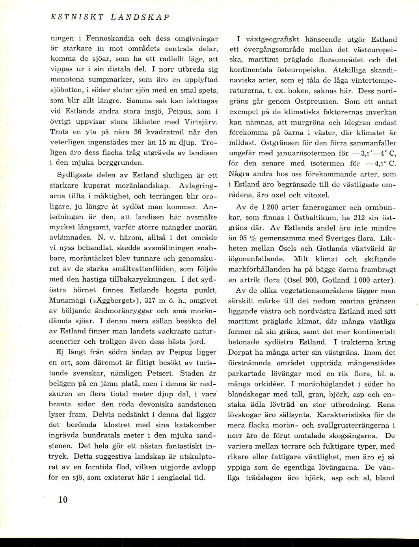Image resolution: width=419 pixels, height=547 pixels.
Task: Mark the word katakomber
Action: (x=197, y=425)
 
